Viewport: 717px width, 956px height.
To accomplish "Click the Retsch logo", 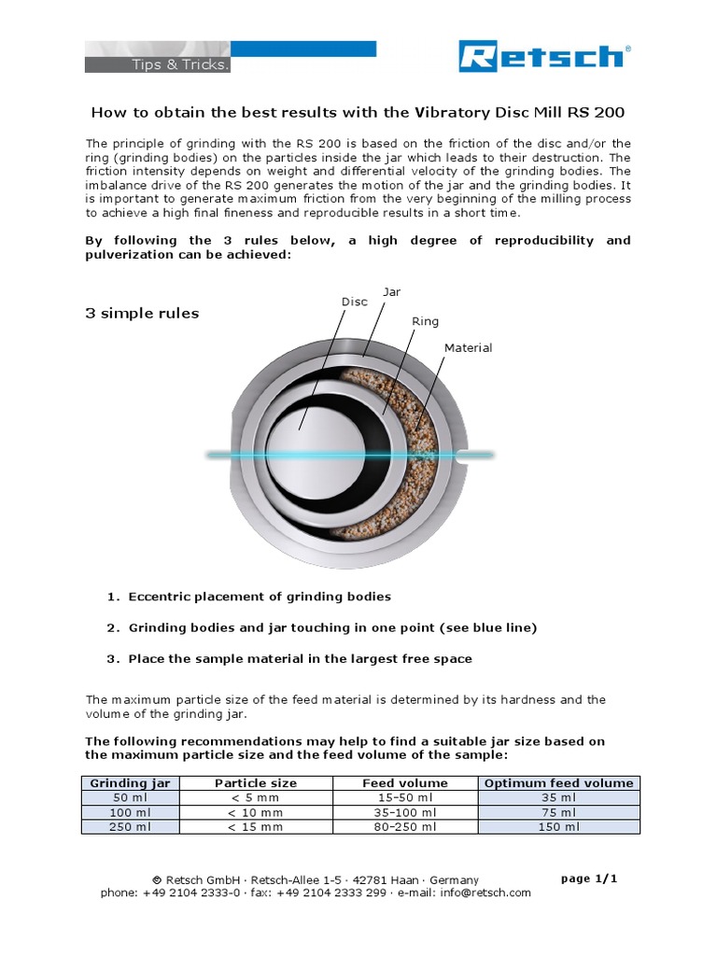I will click(x=543, y=57).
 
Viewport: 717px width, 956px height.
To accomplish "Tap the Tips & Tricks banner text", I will click(x=167, y=64).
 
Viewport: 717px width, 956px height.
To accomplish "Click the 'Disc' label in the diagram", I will click(x=354, y=302).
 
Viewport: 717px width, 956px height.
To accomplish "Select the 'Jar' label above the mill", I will click(x=392, y=292).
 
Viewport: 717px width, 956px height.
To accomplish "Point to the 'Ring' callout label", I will click(x=425, y=321).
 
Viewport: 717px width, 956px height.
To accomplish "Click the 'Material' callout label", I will click(x=468, y=348).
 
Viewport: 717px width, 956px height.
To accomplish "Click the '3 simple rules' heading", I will click(x=142, y=314).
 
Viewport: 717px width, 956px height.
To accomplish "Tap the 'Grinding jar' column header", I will click(x=130, y=783).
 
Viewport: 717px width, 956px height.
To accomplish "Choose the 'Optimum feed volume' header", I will click(x=558, y=783).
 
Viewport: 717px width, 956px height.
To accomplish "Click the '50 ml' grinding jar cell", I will click(x=130, y=798).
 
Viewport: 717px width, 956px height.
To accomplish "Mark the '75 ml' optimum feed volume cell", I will click(x=558, y=812).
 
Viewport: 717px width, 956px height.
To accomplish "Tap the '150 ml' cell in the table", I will click(x=558, y=827).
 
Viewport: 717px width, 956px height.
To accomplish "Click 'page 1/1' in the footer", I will click(x=589, y=879).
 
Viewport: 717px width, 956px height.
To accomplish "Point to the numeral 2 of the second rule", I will click(x=110, y=627).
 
